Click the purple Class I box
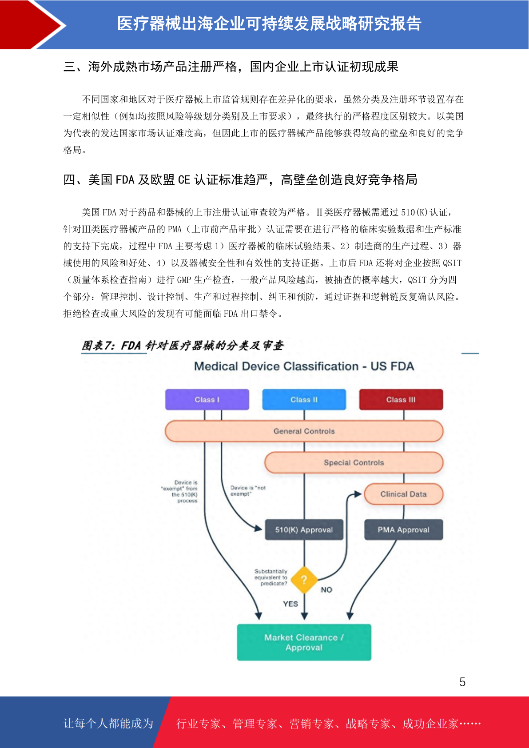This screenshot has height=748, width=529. tap(207, 399)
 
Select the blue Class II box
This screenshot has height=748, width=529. tap(304, 399)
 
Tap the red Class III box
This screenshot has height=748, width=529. tap(401, 399)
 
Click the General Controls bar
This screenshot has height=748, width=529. tap(304, 431)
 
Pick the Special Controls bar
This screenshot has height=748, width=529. tap(354, 462)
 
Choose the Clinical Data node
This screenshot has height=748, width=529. tap(404, 494)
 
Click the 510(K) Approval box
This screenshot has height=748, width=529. tap(304, 529)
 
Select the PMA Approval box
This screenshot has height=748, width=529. tap(404, 529)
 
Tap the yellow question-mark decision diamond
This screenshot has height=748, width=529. tap(304, 580)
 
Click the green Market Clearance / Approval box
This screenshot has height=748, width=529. tap(304, 642)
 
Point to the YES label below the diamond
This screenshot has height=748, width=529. tap(290, 604)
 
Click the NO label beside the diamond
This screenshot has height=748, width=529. tap(326, 590)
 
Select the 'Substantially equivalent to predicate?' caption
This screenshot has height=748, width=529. tap(271, 577)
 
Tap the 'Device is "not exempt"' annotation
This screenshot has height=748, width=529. tap(248, 490)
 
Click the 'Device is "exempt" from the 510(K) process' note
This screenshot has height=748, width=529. tap(179, 492)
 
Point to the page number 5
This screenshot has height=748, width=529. tap(462, 682)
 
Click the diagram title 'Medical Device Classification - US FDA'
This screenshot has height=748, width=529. tap(304, 366)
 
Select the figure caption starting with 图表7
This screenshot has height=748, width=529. tap(183, 345)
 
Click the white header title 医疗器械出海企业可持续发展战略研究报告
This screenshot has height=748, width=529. tap(269, 24)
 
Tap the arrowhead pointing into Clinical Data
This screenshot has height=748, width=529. tap(358, 494)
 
